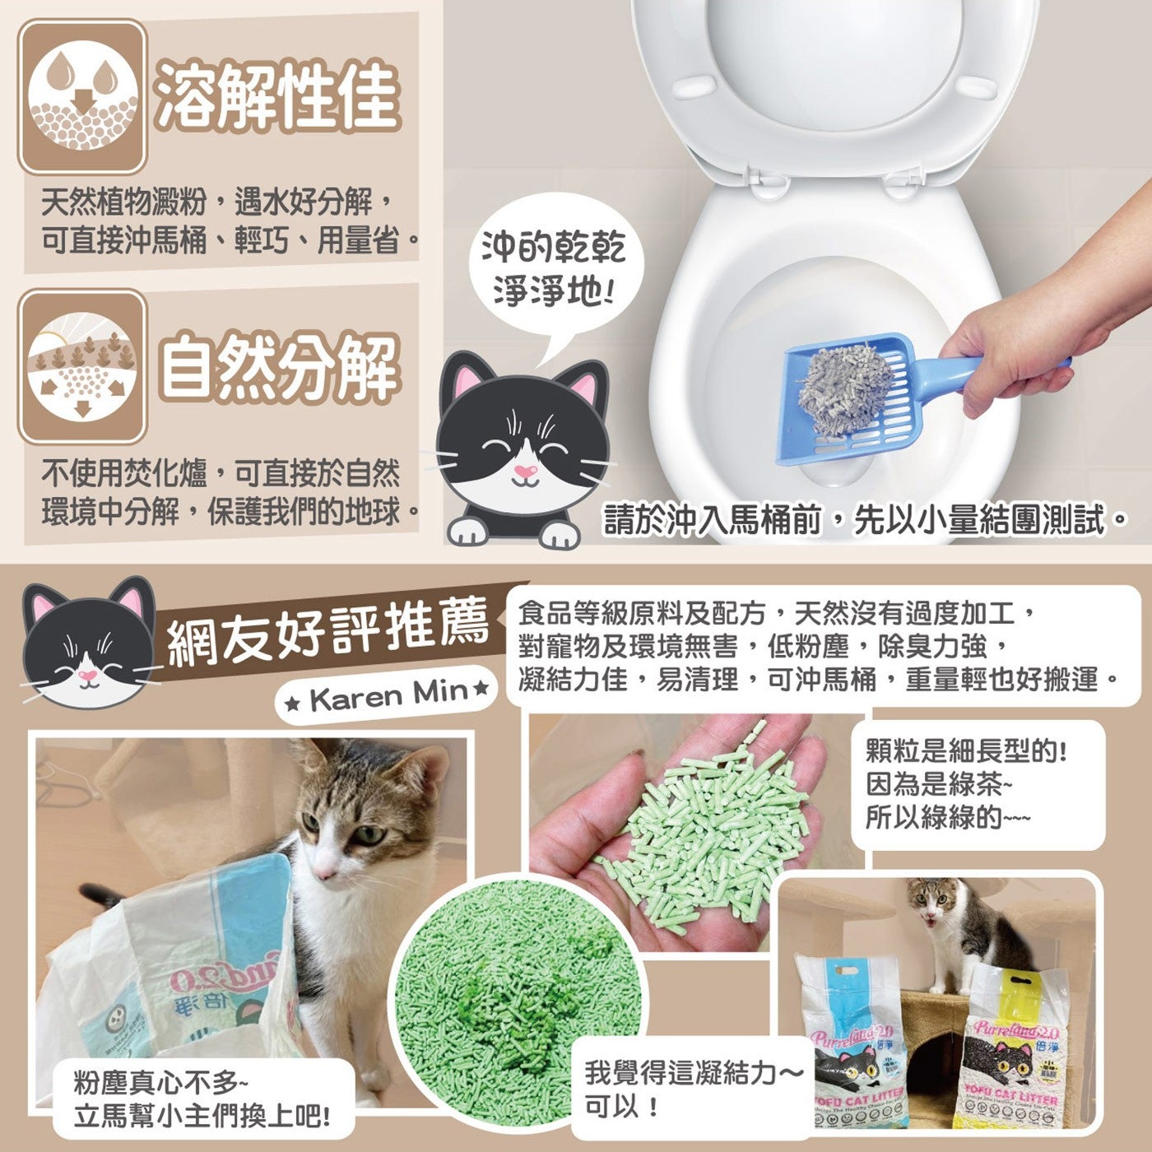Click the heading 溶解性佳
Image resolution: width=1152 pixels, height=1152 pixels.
tap(277, 96)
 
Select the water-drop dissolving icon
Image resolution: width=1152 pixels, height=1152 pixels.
tap(82, 97)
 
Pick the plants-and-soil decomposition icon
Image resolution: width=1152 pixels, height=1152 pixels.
tap(82, 366)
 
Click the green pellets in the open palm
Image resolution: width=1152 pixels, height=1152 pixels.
tap(705, 822)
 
